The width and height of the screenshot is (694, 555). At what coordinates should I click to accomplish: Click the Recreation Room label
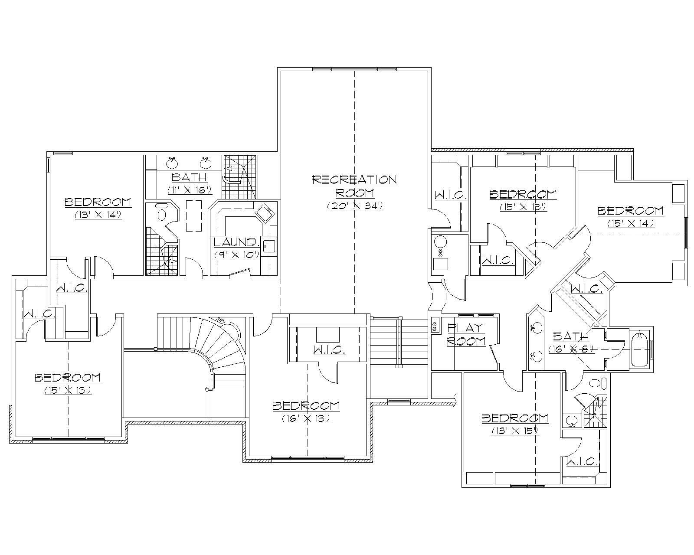point(354,186)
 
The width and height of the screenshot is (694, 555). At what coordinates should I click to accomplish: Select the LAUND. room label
point(237,242)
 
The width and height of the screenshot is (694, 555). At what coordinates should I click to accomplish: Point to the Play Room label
point(466,334)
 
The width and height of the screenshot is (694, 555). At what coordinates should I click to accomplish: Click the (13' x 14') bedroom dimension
point(98,214)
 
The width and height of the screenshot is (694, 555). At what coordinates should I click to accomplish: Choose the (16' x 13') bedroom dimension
point(306,418)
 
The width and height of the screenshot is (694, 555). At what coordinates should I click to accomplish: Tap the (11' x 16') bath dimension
point(189,190)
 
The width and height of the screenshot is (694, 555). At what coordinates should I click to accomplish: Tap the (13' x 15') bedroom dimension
point(515,431)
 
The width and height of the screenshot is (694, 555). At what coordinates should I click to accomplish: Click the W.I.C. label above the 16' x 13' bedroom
point(329,349)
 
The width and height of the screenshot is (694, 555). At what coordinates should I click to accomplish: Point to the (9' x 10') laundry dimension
point(237,255)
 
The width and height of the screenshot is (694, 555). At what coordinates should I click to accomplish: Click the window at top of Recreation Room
point(354,69)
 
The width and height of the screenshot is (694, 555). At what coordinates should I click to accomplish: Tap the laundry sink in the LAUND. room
point(265,213)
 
